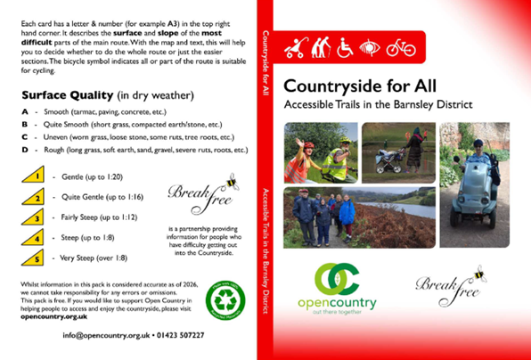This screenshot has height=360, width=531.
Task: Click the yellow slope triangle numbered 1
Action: (33, 176)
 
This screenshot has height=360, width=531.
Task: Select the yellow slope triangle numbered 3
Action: (33, 217)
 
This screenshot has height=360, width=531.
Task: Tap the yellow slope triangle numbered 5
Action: (33, 258)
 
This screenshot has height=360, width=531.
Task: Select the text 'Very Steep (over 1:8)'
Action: (92, 258)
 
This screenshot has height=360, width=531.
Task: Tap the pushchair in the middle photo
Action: (388, 162)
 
